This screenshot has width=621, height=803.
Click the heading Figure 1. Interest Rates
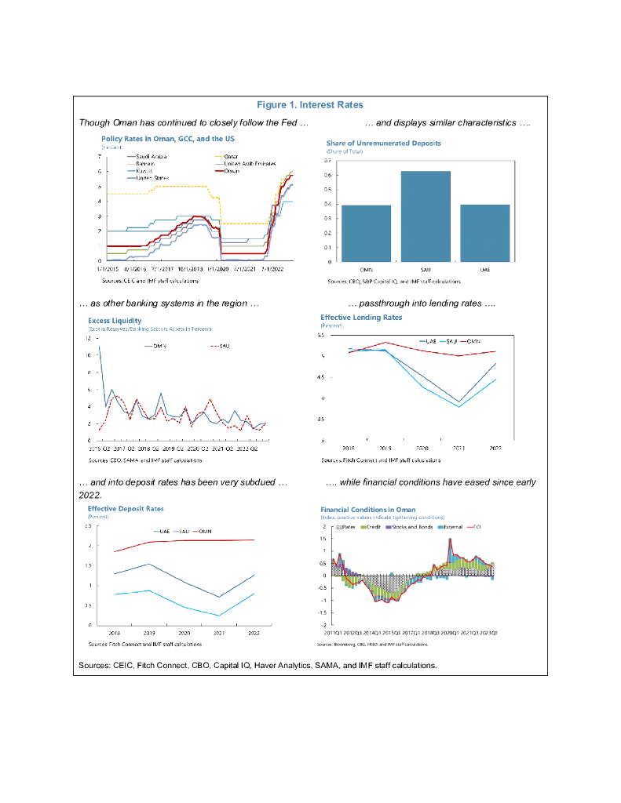310,105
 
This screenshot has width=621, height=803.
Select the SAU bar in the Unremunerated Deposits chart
425,216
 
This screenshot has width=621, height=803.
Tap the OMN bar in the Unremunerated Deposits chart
365,233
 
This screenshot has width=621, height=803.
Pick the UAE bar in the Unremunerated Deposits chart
484,233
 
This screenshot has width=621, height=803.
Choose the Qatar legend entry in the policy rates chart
231,156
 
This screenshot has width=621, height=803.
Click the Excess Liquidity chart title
115,320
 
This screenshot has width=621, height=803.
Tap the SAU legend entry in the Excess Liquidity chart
219,346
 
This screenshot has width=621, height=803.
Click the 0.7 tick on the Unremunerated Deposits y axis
327,160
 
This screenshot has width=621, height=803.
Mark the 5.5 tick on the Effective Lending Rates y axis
321,335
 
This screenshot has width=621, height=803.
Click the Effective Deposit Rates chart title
126,508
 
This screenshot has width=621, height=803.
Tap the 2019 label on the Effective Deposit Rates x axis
149,632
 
